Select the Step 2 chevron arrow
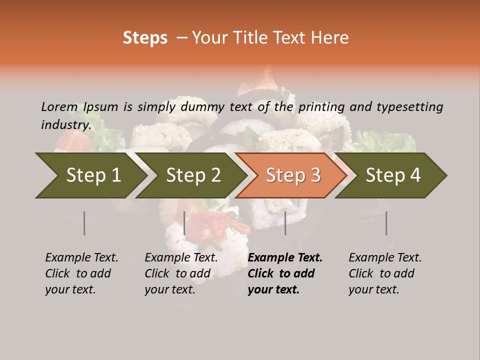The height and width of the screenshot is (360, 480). tap(192, 175)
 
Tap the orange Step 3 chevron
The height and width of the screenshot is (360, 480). tap(292, 175)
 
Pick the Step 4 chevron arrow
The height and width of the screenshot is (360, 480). tap(392, 175)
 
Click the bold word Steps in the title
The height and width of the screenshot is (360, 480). tap(145, 38)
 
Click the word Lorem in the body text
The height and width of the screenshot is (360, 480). tap(59, 106)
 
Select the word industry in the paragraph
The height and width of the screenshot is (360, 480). tap(65, 124)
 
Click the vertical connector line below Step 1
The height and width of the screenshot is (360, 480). tap(84, 223)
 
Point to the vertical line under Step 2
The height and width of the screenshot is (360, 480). tap(184, 223)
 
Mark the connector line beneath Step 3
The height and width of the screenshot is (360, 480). tap(285, 223)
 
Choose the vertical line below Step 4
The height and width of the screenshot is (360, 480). tap(386, 223)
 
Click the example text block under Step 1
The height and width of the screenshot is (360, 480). tap(81, 273)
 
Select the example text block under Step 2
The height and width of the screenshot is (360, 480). tap(181, 273)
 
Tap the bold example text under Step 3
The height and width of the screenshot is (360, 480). tap(285, 273)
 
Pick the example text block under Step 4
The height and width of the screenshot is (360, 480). tap(385, 273)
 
